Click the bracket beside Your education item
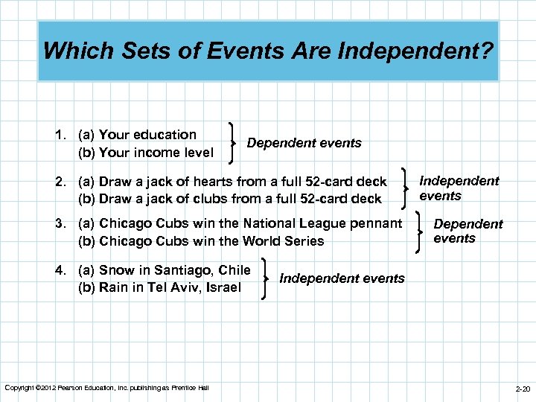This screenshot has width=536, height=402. (235, 142)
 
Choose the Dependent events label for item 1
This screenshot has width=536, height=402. (304, 143)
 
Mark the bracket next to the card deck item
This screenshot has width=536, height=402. (405, 188)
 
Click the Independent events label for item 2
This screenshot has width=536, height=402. (459, 188)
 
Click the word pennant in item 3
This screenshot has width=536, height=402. (376, 223)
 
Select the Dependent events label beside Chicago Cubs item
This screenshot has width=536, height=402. (468, 231)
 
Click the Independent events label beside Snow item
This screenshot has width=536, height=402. (342, 278)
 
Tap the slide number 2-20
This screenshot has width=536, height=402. (523, 389)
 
